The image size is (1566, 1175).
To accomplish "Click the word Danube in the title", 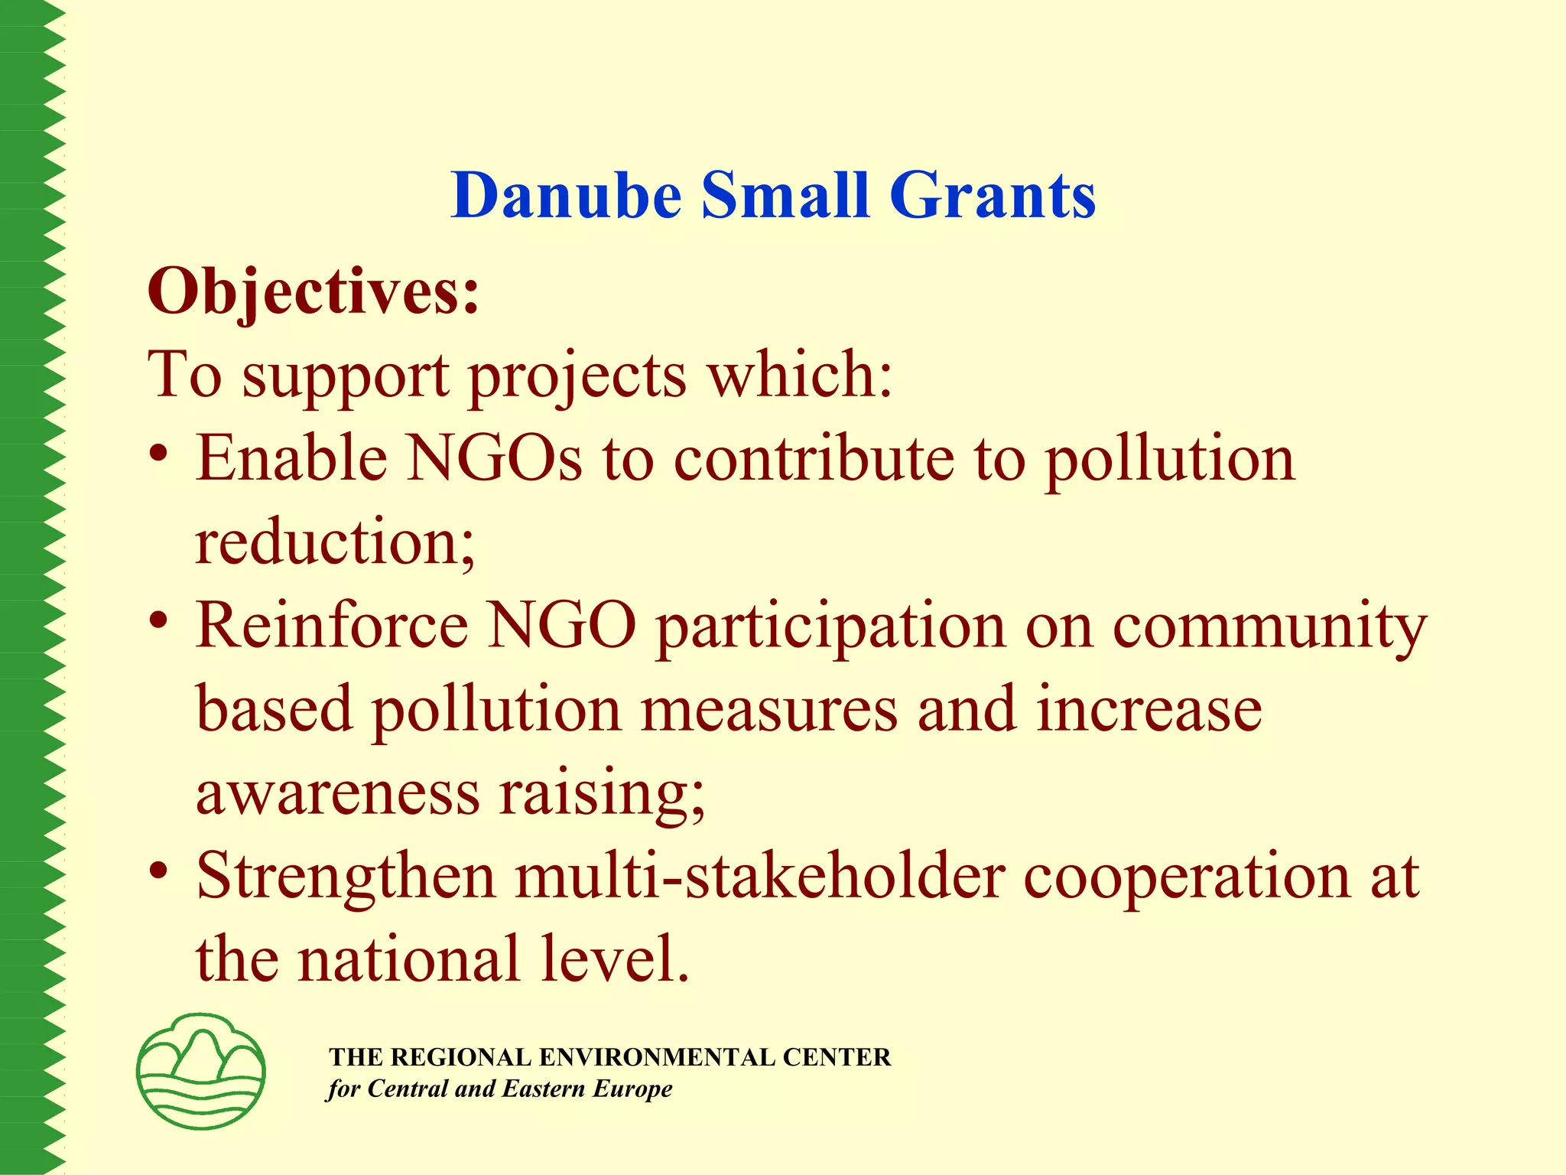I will [x=566, y=196].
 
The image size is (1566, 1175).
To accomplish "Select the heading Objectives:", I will [x=314, y=292].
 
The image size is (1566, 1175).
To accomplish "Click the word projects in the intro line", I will [x=577, y=376].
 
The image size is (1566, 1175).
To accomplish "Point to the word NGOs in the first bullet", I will [x=493, y=459].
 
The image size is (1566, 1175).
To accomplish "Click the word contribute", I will [x=814, y=459].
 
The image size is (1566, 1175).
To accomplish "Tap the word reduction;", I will [x=335, y=542].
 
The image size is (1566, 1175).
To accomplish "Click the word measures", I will [x=768, y=710].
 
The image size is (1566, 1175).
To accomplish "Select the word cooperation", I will [x=1186, y=878].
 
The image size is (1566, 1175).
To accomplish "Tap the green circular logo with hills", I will [x=201, y=1071].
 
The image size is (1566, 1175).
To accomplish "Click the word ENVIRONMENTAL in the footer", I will [x=658, y=1057].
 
